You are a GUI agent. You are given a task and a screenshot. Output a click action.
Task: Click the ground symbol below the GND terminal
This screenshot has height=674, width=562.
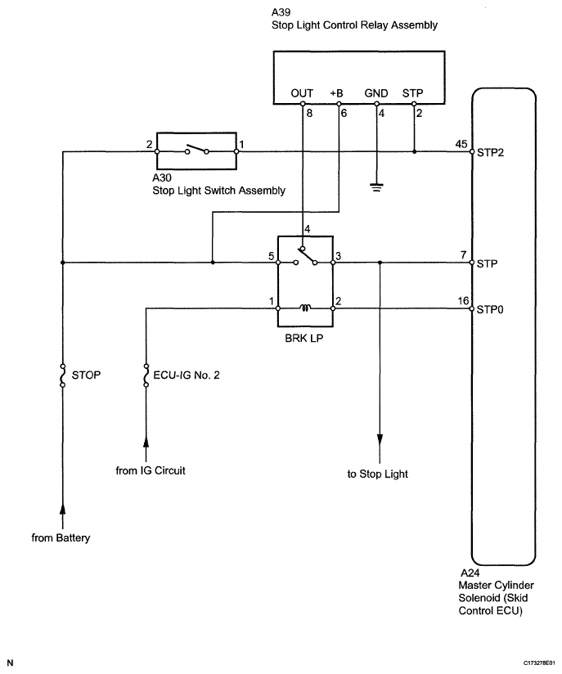click(376, 186)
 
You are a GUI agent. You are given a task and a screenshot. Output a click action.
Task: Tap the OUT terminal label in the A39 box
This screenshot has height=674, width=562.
click(302, 94)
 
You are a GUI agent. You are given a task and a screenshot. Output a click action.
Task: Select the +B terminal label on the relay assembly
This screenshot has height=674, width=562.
click(339, 94)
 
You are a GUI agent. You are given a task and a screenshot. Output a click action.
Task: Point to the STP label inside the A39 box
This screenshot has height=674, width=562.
click(413, 94)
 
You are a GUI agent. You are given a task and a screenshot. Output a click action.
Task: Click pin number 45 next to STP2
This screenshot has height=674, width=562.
click(461, 145)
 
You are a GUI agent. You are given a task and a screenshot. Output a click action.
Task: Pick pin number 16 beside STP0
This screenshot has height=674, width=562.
click(463, 302)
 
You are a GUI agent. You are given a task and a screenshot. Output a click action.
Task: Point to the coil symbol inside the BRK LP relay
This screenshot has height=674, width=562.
click(305, 308)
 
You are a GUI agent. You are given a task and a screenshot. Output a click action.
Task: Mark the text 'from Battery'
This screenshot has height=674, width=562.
click(61, 537)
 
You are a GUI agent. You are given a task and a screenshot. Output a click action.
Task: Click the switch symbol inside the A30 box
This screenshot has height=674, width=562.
click(196, 151)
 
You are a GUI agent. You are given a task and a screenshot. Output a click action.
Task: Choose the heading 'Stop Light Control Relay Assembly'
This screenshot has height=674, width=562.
click(354, 25)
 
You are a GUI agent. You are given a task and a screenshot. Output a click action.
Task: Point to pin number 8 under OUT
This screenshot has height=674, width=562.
click(308, 113)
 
